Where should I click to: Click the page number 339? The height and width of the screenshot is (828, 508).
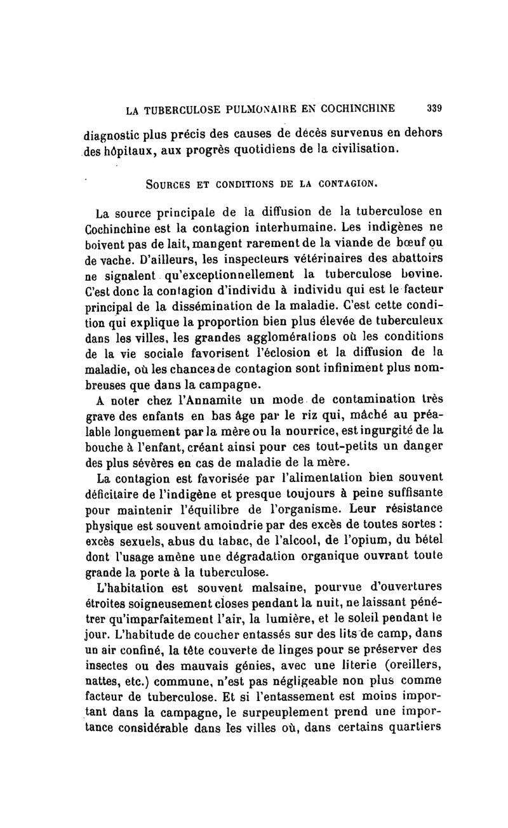click(434, 109)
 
